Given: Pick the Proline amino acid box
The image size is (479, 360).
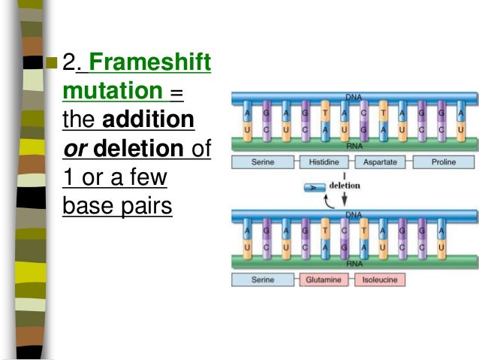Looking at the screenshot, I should click(x=443, y=162).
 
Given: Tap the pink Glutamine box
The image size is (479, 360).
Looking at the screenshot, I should click(x=324, y=280).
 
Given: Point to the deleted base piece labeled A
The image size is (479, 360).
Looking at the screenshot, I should click(x=312, y=185).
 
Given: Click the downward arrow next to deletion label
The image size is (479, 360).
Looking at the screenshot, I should click(x=344, y=197).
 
